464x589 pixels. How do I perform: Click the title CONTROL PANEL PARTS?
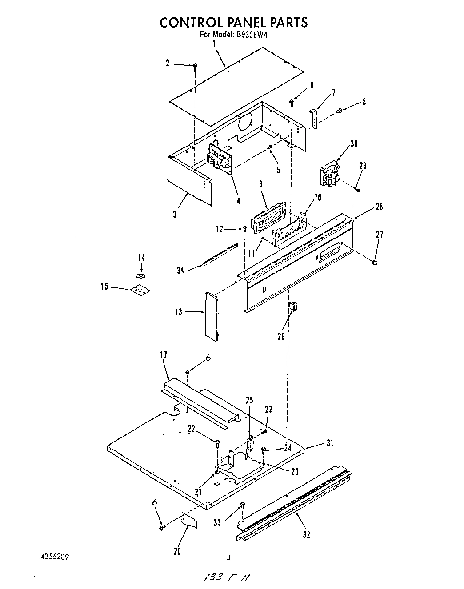(x=233, y=22)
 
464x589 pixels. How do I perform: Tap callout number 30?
(x=354, y=143)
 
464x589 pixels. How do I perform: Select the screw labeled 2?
(x=195, y=66)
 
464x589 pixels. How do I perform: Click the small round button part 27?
(x=374, y=263)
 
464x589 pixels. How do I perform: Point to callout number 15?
(x=104, y=287)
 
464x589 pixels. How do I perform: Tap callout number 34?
(x=180, y=270)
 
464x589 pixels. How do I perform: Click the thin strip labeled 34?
(x=221, y=254)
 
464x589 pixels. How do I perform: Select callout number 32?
(x=306, y=535)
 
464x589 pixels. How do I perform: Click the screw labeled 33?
(x=243, y=505)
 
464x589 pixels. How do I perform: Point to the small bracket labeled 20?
(x=190, y=520)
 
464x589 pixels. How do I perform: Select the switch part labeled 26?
(x=293, y=306)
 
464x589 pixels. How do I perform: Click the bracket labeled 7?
(x=315, y=118)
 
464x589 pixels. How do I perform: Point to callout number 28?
(x=378, y=207)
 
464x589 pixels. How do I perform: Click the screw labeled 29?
(x=357, y=190)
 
